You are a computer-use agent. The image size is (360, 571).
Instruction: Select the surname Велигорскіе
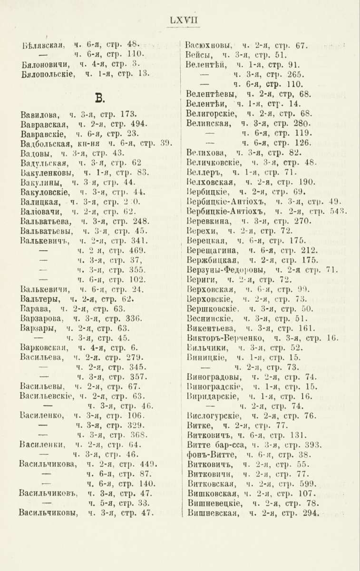[212, 114]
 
